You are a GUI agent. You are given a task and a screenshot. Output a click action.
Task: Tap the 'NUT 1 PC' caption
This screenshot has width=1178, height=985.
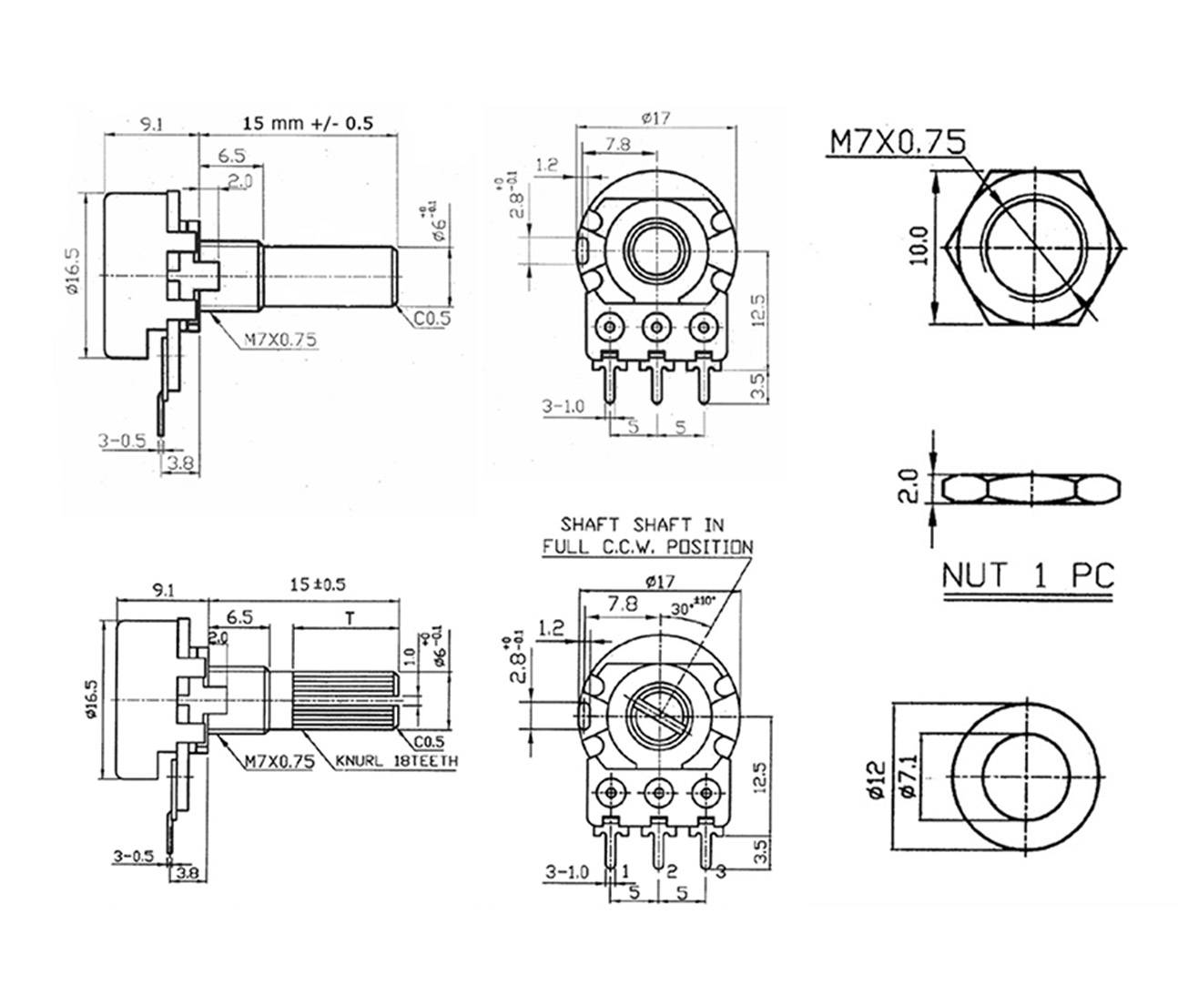(x=1027, y=575)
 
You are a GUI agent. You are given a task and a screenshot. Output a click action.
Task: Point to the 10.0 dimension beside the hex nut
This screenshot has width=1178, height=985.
(x=919, y=246)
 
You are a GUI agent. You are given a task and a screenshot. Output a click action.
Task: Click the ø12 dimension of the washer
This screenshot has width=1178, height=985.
(x=877, y=780)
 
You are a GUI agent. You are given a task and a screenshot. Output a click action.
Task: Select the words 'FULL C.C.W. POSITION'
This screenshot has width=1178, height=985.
(x=647, y=547)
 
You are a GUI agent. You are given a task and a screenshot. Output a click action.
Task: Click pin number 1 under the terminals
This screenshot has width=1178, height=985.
(x=625, y=871)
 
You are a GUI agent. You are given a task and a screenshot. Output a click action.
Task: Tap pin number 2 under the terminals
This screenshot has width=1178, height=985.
(x=671, y=871)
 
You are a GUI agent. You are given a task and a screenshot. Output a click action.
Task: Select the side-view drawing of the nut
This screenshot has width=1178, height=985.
(x=1031, y=489)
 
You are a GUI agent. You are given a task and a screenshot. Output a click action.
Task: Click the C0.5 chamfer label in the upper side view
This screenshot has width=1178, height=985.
(x=432, y=318)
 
